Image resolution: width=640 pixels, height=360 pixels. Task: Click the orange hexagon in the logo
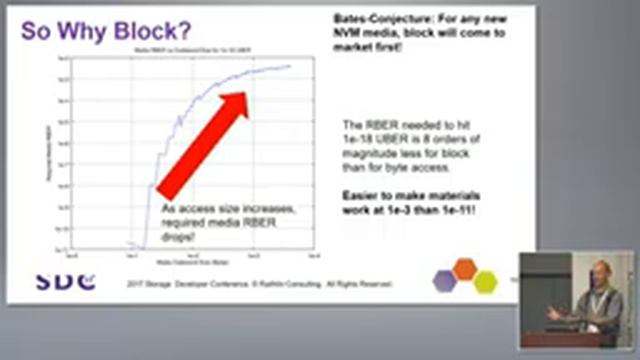(x=464, y=268)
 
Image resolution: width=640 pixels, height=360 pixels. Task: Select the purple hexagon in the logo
(x=444, y=281)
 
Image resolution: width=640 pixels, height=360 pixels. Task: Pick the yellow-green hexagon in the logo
(x=484, y=281)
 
